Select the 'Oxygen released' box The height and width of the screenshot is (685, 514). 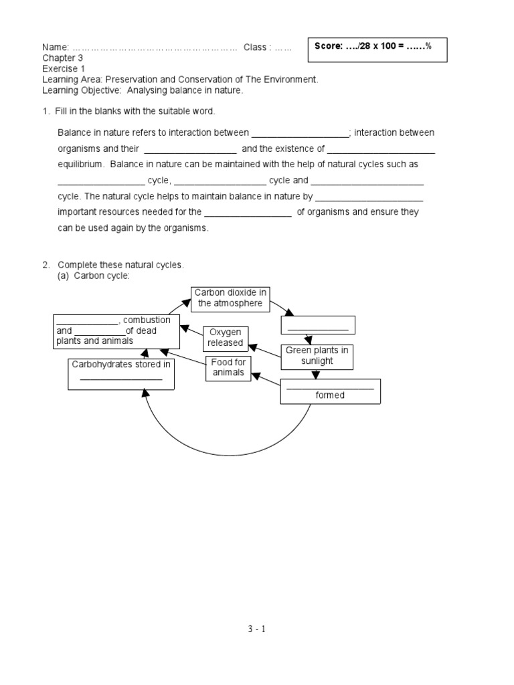226,338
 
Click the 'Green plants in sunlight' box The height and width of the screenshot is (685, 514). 317,356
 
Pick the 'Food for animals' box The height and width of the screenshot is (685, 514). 229,368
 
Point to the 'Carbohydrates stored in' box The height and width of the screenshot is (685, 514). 121,374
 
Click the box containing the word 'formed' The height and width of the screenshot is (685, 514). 330,391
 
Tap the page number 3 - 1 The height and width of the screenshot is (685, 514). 257,629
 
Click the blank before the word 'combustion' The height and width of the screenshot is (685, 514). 87,320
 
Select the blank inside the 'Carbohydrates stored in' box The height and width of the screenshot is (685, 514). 121,379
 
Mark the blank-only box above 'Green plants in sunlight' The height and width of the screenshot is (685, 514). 318,325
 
